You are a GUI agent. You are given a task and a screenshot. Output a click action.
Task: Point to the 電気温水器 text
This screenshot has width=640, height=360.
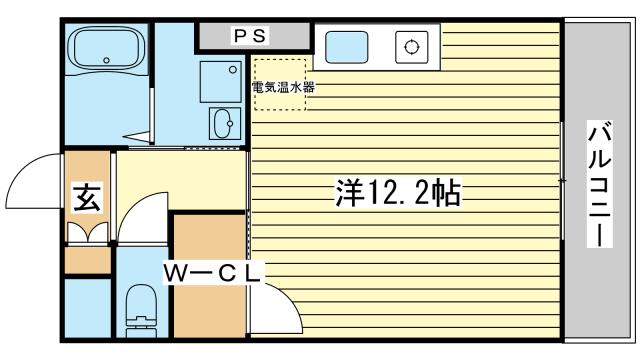tap(283, 87)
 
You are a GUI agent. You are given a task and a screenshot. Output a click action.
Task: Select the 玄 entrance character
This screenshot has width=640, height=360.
tap(86, 198)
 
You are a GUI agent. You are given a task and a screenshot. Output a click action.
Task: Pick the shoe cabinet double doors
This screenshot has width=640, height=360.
tap(87, 232)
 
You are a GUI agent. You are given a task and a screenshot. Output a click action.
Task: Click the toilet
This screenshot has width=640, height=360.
tap(140, 306)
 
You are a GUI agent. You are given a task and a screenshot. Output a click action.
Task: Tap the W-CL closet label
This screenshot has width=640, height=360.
tap(213, 270)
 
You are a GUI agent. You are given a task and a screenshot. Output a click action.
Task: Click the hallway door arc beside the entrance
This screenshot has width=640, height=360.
tap(140, 215)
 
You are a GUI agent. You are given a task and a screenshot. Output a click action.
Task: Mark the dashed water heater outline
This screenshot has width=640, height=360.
tap(279, 84)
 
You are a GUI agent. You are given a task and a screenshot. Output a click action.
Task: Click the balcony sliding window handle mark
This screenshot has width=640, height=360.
tap(562, 181)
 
